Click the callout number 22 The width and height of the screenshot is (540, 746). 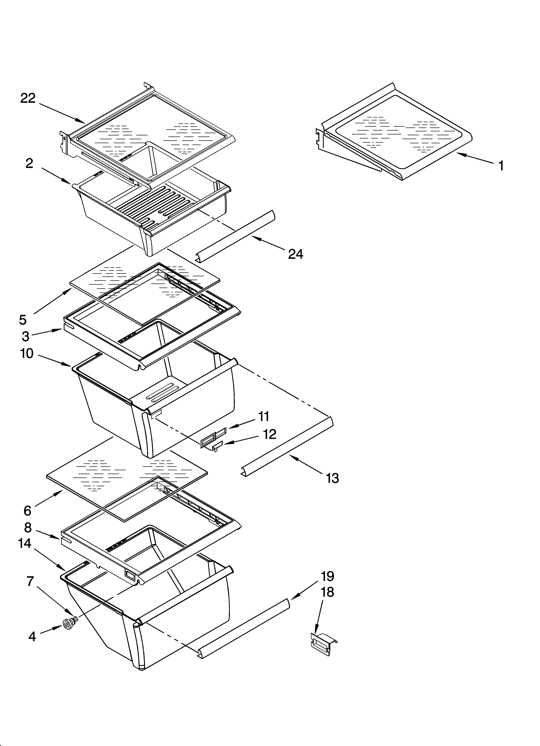28,98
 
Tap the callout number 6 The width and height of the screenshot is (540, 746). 27,511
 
